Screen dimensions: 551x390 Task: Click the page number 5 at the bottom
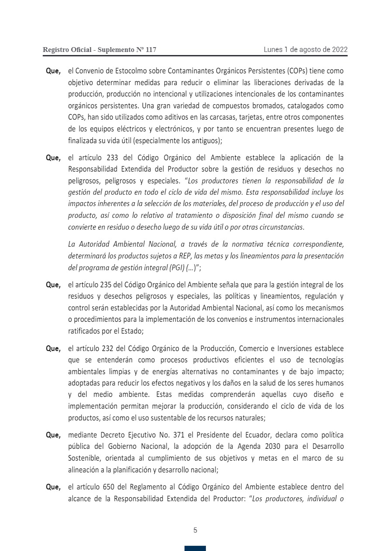point(195,530)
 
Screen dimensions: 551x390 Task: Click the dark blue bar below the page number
point(195,548)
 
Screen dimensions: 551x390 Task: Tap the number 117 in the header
point(150,50)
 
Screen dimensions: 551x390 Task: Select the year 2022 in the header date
point(339,49)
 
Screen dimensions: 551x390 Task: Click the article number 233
point(113,158)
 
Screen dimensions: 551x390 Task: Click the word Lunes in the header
point(273,49)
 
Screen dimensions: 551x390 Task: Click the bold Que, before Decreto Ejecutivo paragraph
point(53,435)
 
